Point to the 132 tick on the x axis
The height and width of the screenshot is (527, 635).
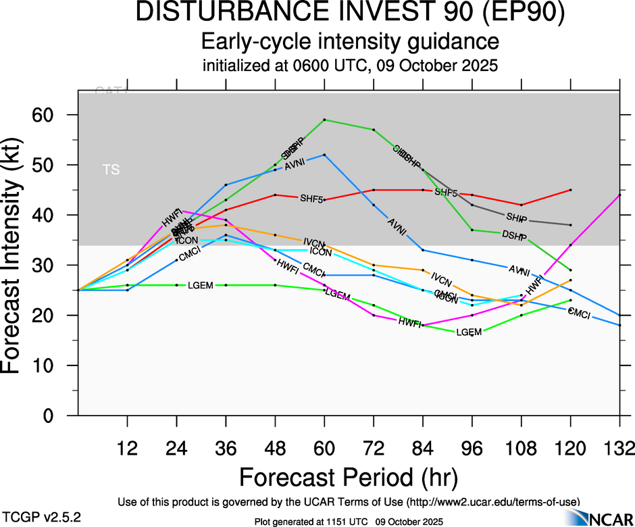(x=620, y=448)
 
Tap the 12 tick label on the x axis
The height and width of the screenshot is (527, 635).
(x=127, y=448)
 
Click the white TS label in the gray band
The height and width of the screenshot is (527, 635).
(x=111, y=170)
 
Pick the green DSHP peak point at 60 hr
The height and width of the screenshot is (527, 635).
(x=325, y=120)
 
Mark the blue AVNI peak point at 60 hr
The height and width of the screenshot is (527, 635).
(x=325, y=155)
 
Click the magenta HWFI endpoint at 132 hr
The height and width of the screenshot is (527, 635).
(x=620, y=195)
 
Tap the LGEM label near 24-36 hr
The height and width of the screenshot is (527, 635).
(x=201, y=285)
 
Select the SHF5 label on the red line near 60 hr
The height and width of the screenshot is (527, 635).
(x=311, y=199)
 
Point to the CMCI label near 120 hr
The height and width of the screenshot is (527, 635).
(x=580, y=313)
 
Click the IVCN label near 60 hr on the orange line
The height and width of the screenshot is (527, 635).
(x=313, y=243)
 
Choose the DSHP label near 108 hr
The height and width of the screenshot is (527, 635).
(x=514, y=234)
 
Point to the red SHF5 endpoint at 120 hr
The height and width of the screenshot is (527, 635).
(x=571, y=190)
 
